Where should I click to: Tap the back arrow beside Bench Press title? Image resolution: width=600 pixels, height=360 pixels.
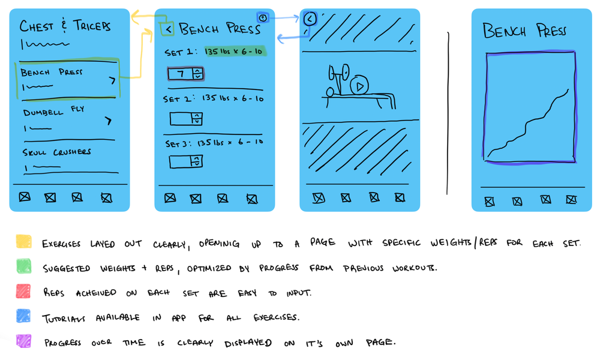click(x=168, y=28)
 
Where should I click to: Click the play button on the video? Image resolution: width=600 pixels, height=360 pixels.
click(x=359, y=86)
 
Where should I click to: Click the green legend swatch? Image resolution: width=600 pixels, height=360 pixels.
click(x=24, y=266)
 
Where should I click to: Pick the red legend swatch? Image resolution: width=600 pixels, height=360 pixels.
click(x=24, y=292)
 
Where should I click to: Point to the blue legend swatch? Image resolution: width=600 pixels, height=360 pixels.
click(x=24, y=317)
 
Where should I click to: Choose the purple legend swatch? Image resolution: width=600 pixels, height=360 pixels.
click(x=24, y=341)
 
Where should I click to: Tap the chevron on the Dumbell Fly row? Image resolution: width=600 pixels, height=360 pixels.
click(x=108, y=121)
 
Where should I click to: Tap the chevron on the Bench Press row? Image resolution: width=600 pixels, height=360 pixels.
click(x=112, y=80)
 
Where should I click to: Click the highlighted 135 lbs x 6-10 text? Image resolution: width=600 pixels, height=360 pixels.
click(x=235, y=52)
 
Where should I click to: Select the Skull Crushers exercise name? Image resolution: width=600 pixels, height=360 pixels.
click(x=57, y=152)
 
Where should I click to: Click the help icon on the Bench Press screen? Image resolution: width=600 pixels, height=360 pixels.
click(x=262, y=18)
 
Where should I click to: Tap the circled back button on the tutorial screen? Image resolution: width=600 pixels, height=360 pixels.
click(x=310, y=19)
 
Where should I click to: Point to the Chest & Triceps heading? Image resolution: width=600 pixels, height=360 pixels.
click(x=65, y=26)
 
